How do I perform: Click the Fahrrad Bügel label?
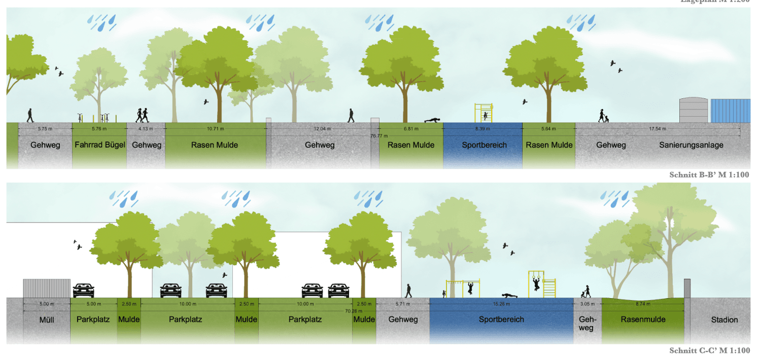100,145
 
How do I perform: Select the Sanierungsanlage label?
691,145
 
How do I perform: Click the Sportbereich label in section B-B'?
484,145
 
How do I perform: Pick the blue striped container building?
730,111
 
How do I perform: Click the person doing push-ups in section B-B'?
431,120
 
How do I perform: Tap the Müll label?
47,319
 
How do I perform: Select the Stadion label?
724,319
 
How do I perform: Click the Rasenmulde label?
643,319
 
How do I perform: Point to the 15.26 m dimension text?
501,304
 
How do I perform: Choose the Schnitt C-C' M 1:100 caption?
709,350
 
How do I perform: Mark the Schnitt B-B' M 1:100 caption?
709,175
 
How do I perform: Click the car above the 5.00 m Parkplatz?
84,291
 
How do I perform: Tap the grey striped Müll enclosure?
47,288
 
